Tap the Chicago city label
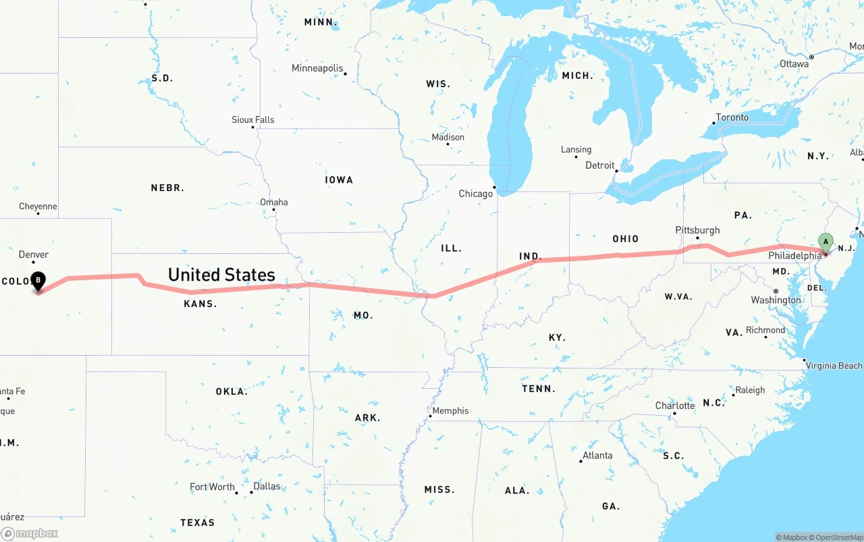coord(476,194)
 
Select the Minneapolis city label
coord(317,68)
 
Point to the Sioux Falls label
coord(253,119)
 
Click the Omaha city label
coord(274,202)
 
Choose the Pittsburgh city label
coord(697,230)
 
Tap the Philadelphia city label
coord(794,256)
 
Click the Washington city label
coord(776,300)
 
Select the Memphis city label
coord(450,410)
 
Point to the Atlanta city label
coord(597,456)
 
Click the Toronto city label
coord(732,117)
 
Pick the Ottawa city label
coord(794,63)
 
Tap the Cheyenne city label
coord(38,206)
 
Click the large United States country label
coord(221,275)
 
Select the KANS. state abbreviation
coord(200,304)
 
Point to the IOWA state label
coord(339,180)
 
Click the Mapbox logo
coord(30,533)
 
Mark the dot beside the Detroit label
coord(617,171)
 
